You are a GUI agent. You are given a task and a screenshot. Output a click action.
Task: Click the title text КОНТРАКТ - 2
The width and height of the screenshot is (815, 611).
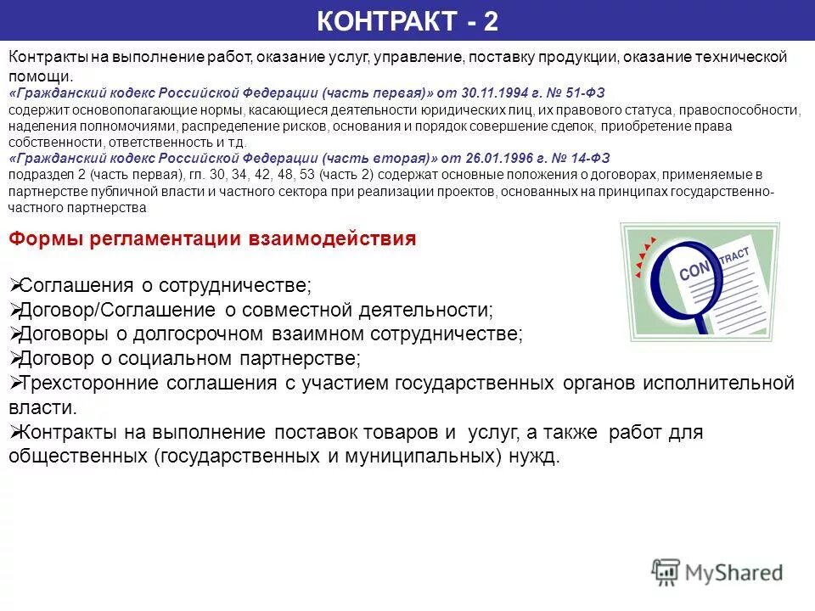407,21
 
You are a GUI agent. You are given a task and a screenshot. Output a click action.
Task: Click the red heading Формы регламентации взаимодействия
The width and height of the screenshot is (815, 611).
212,238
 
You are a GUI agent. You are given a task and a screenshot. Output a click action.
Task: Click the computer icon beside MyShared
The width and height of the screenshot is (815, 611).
666,572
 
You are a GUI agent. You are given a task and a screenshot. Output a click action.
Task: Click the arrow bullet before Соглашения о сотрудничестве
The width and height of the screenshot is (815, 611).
14,284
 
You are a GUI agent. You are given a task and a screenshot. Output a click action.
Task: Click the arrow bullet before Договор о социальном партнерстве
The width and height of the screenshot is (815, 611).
14,358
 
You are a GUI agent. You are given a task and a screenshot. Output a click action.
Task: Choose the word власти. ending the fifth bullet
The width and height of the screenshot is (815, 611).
42,407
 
